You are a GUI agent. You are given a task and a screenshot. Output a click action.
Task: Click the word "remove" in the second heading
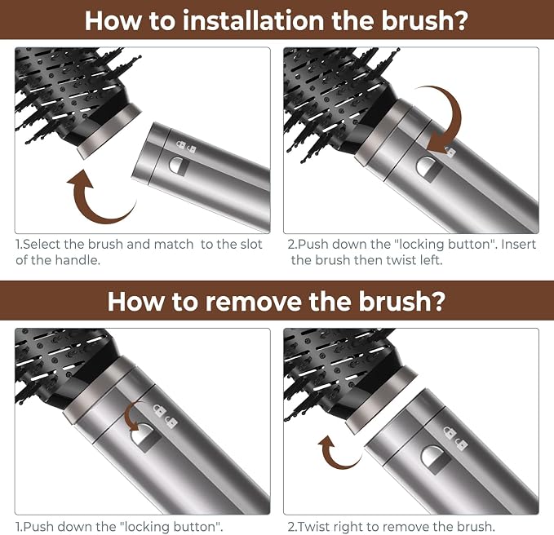coord(254,301)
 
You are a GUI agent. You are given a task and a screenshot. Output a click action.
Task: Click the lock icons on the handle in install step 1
coord(186,146)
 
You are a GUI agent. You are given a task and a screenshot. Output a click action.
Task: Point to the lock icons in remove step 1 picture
coord(165,416)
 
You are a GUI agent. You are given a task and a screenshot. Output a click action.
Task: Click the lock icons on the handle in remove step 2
coord(455,438)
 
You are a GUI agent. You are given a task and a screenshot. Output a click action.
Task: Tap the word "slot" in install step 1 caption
coord(249,244)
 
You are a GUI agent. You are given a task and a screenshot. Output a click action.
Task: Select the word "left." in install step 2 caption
coord(431,260)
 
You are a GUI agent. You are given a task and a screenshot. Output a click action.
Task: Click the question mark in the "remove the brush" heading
coord(437,301)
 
